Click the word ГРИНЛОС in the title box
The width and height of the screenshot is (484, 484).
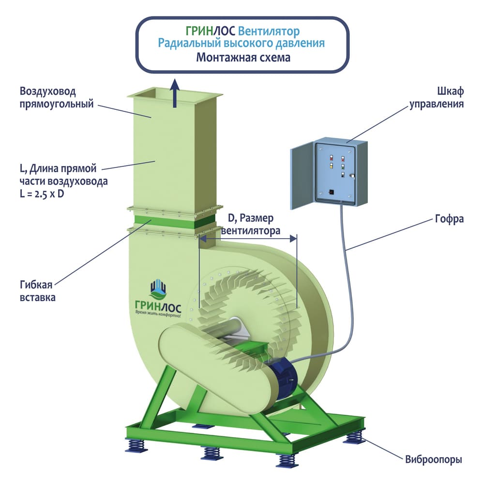210,31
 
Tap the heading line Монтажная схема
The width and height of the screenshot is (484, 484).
243,58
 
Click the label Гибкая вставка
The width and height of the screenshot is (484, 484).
38,290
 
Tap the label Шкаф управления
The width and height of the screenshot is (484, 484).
437,97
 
